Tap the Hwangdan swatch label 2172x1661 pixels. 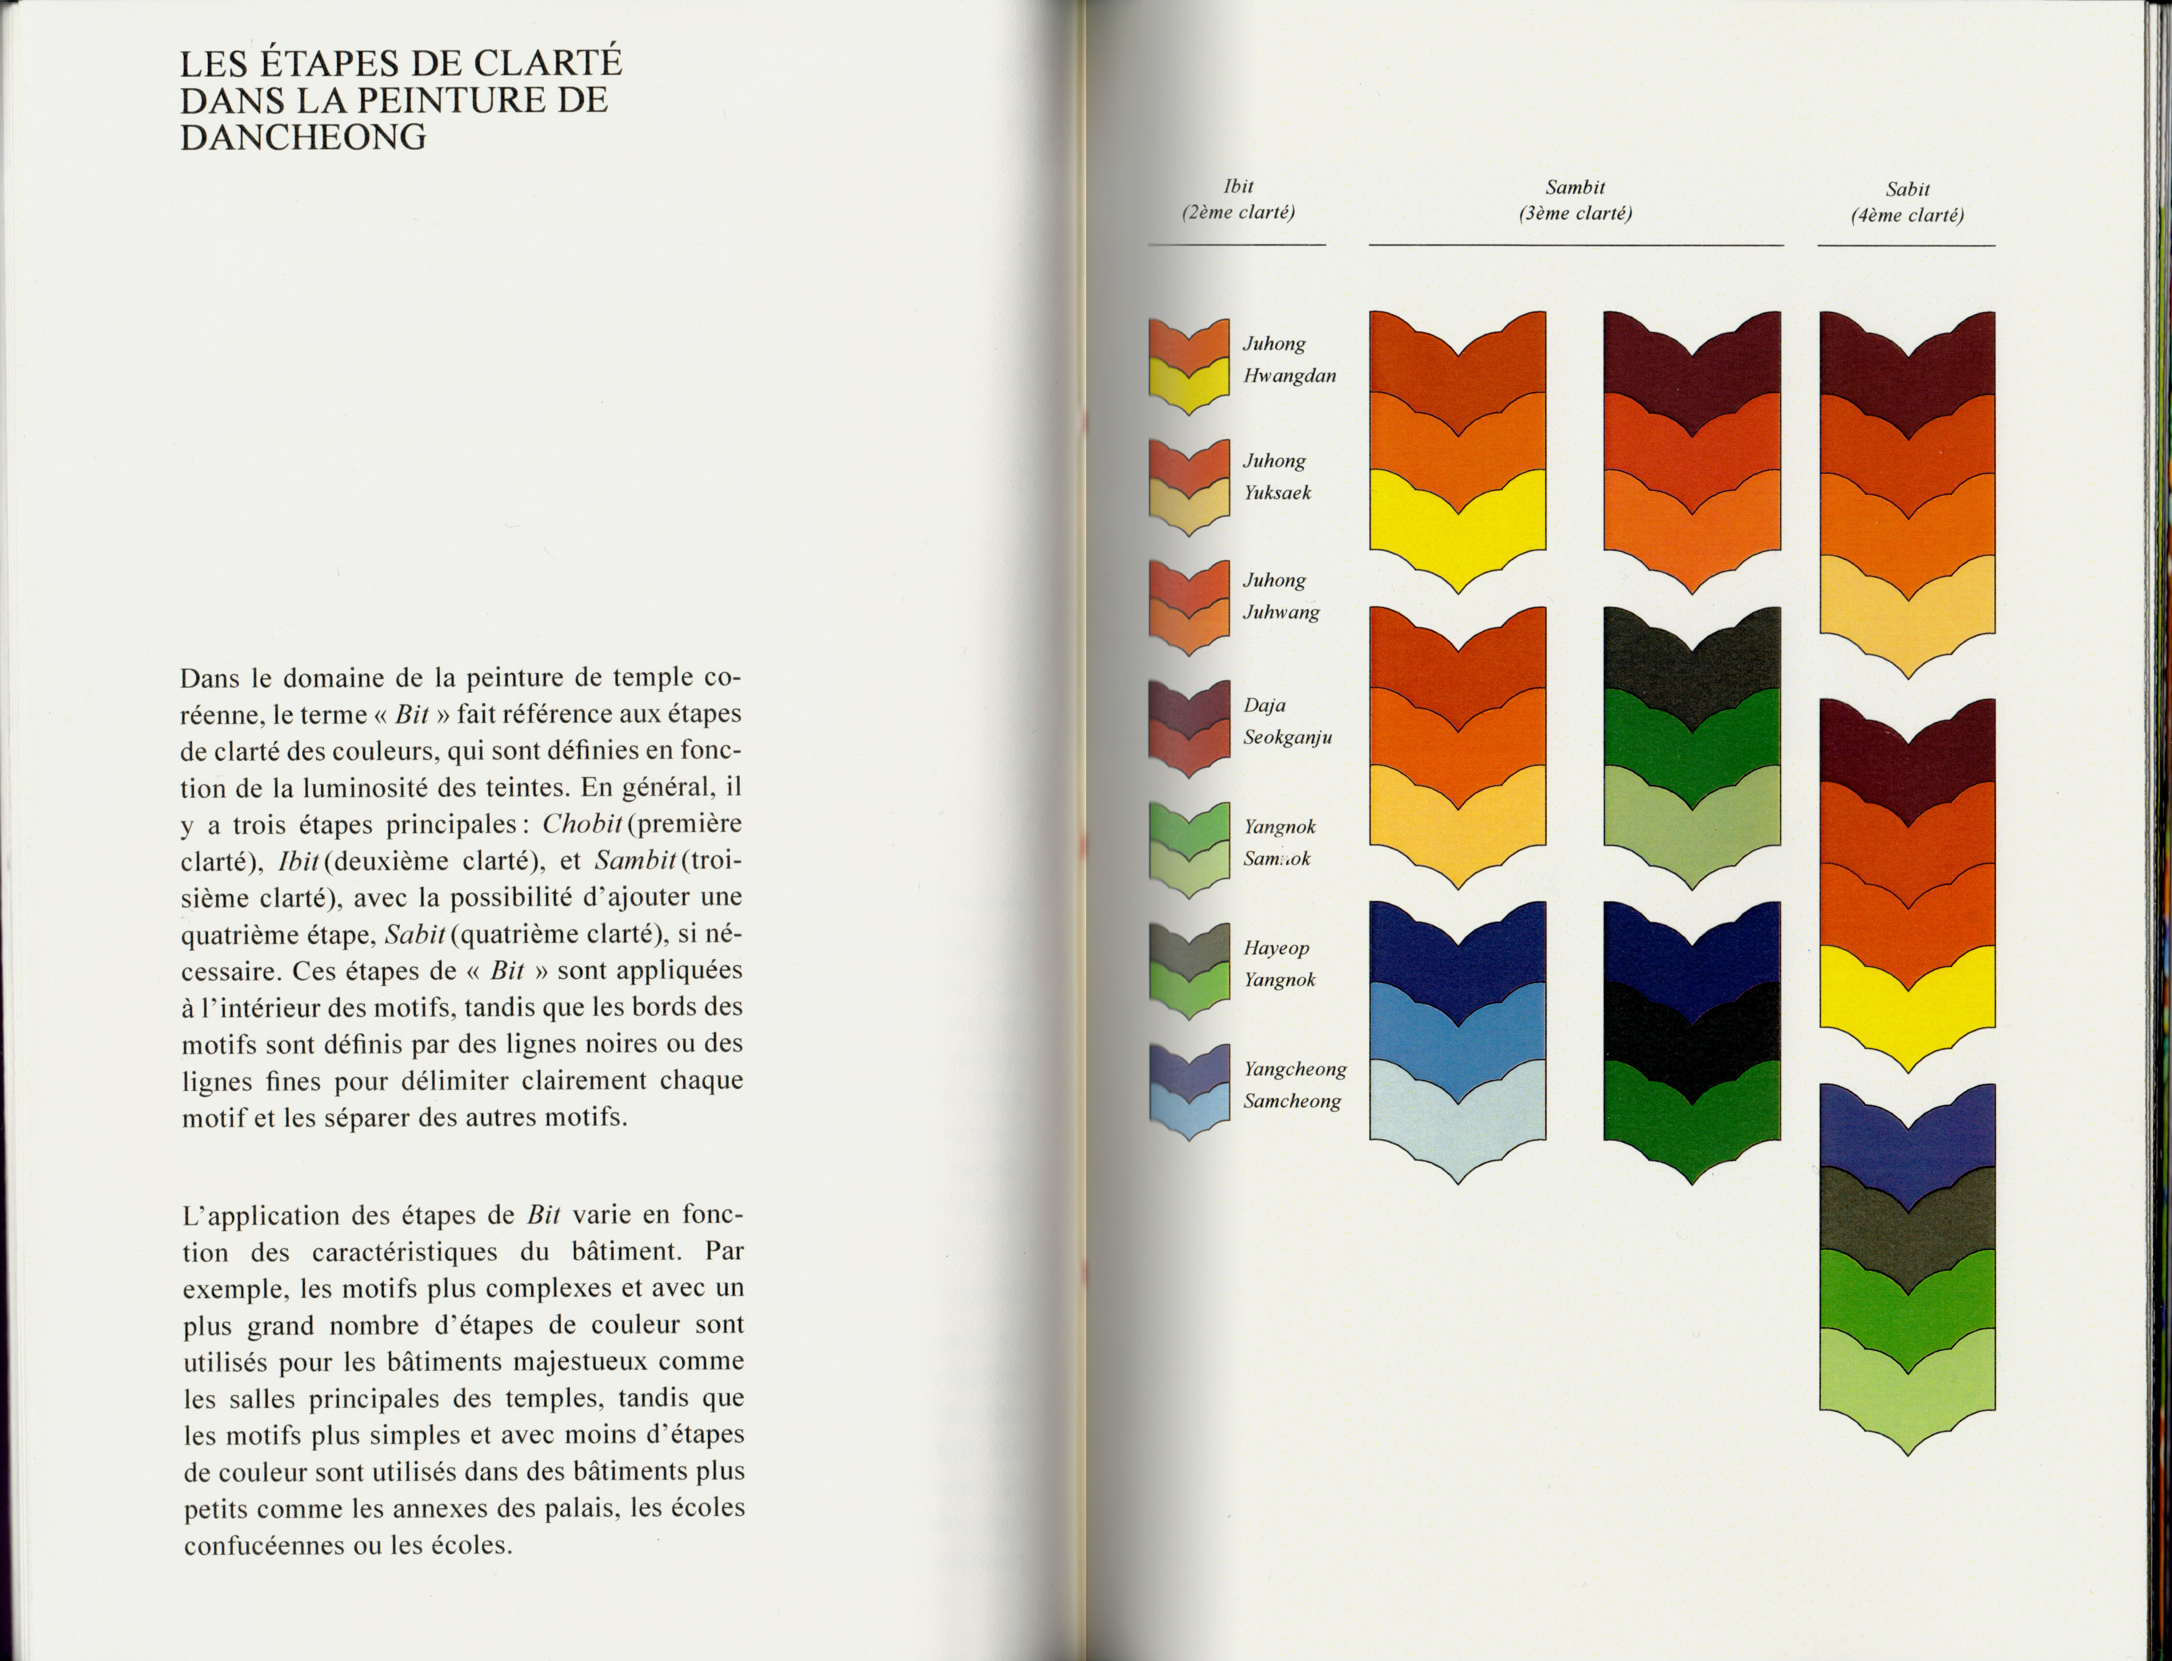1289,376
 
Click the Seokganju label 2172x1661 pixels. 1287,737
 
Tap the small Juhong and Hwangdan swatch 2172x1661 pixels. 1188,366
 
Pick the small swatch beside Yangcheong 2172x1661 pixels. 1188,1091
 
